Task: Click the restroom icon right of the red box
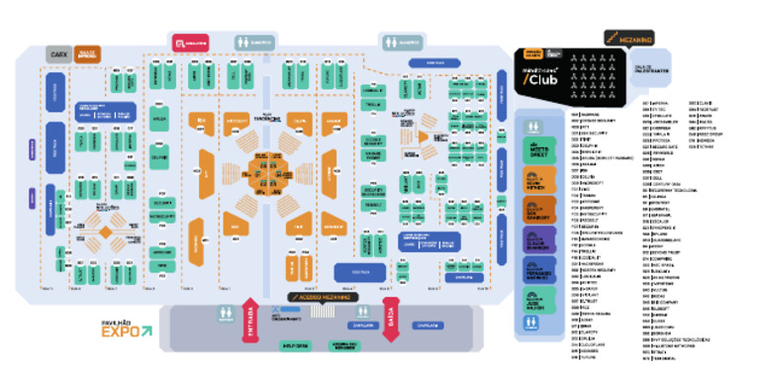253,43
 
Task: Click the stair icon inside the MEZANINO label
614,39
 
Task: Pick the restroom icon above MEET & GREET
535,127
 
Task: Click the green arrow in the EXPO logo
147,332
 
